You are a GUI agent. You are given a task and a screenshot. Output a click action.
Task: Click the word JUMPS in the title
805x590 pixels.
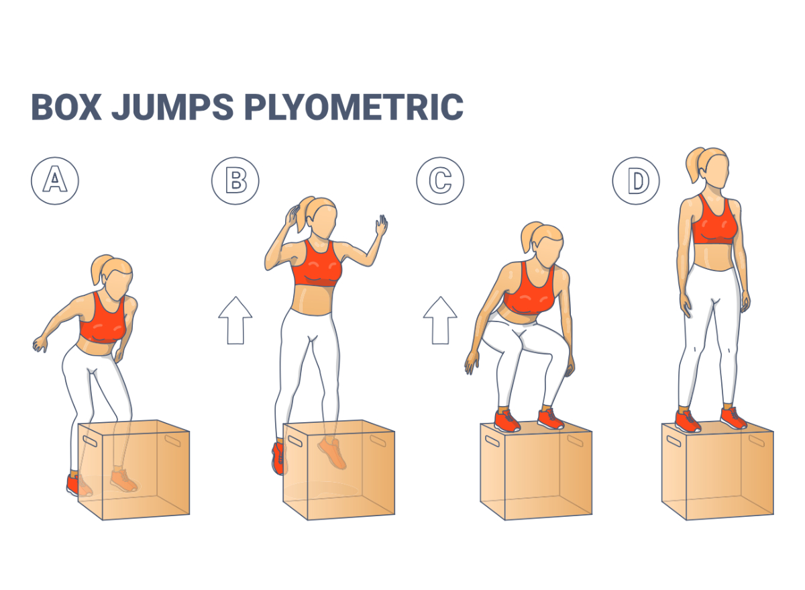(x=178, y=107)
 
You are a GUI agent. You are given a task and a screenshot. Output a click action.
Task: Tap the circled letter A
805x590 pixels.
(x=55, y=181)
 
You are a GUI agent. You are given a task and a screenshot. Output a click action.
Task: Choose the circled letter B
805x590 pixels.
(x=235, y=181)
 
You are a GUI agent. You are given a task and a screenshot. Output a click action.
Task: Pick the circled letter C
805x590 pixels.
(x=440, y=181)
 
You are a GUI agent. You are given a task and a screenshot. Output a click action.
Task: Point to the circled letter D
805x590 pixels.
(x=635, y=181)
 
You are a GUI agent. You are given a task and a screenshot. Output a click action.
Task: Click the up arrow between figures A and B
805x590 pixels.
(x=235, y=320)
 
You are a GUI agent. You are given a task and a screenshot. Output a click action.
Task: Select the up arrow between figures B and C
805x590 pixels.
(x=440, y=320)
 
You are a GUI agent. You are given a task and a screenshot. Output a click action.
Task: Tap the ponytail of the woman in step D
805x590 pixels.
(x=692, y=164)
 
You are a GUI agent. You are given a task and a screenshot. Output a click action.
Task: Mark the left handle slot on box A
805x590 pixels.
(x=88, y=444)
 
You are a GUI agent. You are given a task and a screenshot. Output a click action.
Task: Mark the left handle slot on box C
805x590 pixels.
(x=491, y=442)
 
